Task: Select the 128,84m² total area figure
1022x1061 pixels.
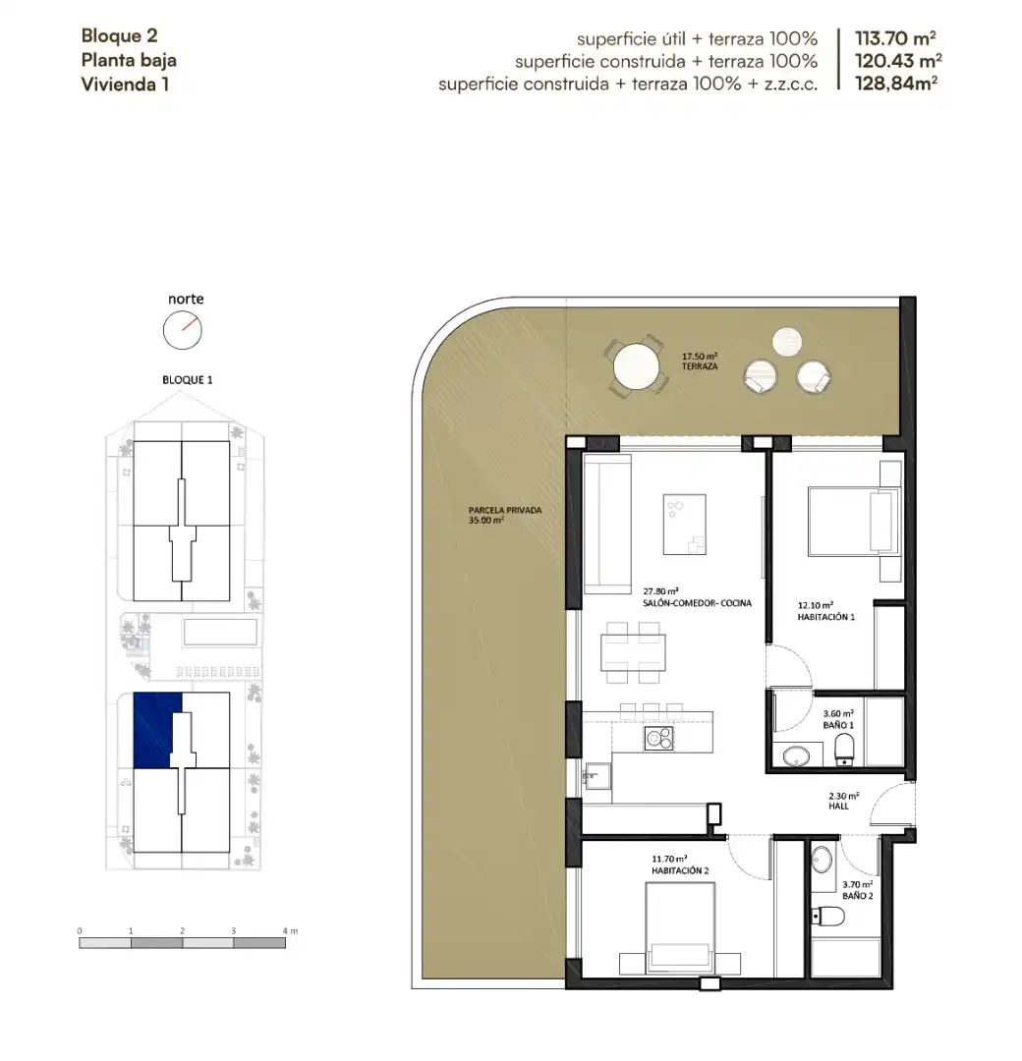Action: [896, 84]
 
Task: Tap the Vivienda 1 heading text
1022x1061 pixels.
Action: [125, 84]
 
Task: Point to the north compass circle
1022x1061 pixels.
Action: [183, 331]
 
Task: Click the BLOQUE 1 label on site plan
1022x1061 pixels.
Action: [188, 380]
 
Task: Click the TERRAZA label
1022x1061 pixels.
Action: [700, 366]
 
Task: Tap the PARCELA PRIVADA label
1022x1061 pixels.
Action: [505, 510]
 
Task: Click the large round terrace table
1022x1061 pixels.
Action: [636, 367]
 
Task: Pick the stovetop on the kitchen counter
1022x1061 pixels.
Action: [658, 738]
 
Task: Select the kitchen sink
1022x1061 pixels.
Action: [596, 776]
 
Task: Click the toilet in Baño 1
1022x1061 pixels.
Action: [844, 751]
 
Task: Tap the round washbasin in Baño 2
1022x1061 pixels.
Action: [822, 860]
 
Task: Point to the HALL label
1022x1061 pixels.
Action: [838, 807]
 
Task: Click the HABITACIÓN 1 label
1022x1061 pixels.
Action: [825, 617]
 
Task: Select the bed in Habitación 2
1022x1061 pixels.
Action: [680, 927]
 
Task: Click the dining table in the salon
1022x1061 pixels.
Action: [633, 652]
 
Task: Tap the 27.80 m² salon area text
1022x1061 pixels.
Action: [660, 591]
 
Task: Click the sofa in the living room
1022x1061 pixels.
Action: [607, 525]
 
